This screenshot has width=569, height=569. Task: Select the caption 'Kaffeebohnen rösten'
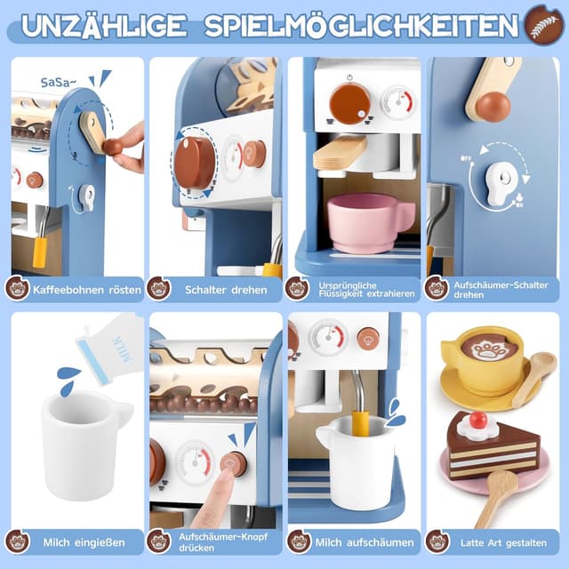click(82, 289)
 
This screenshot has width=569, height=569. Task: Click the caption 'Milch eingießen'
click(82, 541)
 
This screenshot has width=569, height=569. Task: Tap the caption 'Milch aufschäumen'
click(364, 541)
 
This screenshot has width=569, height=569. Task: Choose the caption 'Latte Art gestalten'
click(503, 541)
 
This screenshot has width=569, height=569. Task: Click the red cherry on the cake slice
click(479, 420)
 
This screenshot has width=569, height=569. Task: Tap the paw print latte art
click(490, 348)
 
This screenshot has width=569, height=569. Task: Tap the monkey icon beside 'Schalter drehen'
click(159, 288)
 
